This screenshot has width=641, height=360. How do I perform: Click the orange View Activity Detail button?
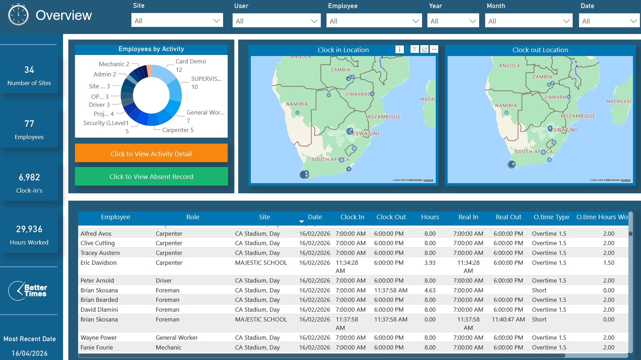click(x=151, y=153)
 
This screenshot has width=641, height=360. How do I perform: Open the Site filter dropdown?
click(x=177, y=21)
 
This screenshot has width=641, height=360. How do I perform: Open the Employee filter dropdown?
click(x=374, y=21)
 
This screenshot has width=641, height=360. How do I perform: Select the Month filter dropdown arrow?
click(x=566, y=21)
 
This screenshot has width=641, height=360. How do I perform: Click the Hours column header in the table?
click(x=430, y=217)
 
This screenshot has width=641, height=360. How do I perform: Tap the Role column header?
click(x=193, y=217)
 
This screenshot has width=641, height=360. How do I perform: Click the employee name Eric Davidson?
click(x=98, y=263)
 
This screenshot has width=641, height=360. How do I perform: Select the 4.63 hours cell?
click(x=430, y=290)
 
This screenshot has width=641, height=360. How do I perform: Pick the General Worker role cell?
click(x=177, y=338)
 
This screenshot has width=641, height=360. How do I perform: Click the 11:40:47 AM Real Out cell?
click(x=508, y=319)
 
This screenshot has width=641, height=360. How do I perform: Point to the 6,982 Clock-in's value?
click(x=29, y=178)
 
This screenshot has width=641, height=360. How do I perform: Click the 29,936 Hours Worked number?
click(x=29, y=229)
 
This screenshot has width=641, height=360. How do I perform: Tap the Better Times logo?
click(x=28, y=291)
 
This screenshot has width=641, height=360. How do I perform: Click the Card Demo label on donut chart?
click(x=191, y=61)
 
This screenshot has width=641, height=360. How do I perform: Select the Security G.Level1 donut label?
click(x=106, y=123)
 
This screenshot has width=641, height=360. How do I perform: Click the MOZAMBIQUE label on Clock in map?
click(x=383, y=117)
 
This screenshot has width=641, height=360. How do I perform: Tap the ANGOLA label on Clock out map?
click(x=509, y=65)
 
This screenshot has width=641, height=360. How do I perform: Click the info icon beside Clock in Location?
click(x=399, y=49)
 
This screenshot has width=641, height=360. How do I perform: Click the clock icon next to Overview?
click(x=18, y=15)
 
